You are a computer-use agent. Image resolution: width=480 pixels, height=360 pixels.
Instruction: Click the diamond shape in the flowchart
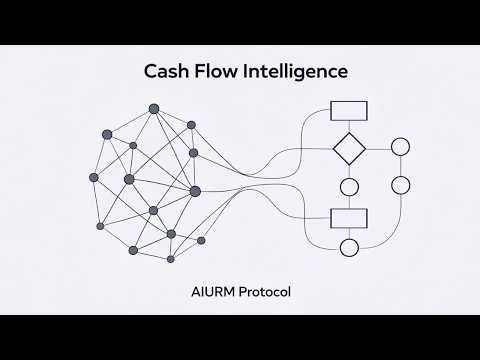pyautogui.click(x=349, y=149)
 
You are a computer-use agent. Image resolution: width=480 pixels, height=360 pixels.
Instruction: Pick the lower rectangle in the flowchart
pyautogui.click(x=349, y=217)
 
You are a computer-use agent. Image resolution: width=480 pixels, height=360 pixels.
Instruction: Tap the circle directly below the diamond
pyautogui.click(x=349, y=186)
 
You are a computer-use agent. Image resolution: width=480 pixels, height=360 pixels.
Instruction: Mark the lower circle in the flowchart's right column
pyautogui.click(x=401, y=186)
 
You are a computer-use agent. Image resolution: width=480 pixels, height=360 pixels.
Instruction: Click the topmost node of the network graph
pyautogui.click(x=153, y=108)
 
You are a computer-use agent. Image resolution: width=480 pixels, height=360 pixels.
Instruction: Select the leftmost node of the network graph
pyautogui.click(x=93, y=177)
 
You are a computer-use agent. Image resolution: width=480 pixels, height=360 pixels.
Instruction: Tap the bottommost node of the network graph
pyautogui.click(x=170, y=259)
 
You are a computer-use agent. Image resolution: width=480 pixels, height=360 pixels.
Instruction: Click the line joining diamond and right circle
pyautogui.click(x=379, y=149)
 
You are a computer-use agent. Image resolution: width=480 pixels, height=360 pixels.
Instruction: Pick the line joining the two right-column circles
pyautogui.click(x=401, y=167)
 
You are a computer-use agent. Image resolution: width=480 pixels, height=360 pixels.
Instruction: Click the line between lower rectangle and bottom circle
pyautogui.click(x=349, y=233)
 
